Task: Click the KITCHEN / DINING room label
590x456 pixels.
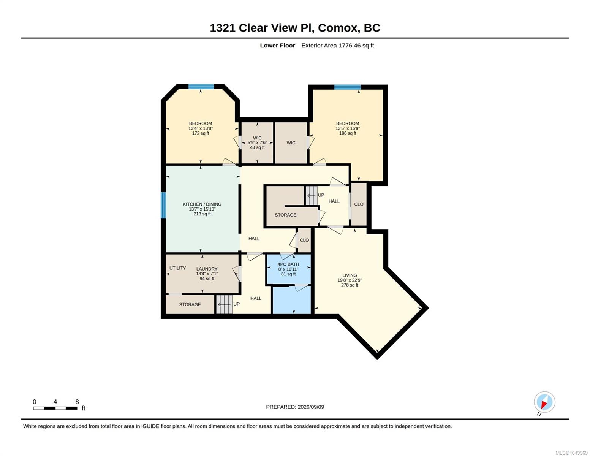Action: tap(202, 204)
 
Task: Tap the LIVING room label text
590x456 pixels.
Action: tap(350, 275)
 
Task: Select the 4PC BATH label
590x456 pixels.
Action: tap(288, 264)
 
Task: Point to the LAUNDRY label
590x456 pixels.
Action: tap(207, 269)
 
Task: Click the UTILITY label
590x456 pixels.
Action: tap(177, 268)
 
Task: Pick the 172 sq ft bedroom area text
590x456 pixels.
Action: tap(201, 133)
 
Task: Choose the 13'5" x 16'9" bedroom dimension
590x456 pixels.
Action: tap(348, 128)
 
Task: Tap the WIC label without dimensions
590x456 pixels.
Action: tap(291, 143)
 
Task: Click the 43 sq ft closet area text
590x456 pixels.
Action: tap(257, 147)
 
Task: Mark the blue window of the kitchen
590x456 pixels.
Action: tap(163, 205)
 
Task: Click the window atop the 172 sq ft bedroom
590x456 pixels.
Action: tap(201, 87)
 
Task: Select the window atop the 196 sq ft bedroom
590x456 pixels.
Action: tap(347, 87)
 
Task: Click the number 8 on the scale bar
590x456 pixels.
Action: tap(77, 402)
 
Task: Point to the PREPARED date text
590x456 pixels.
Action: tap(295, 407)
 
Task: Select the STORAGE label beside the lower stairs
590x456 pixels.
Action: tap(190, 304)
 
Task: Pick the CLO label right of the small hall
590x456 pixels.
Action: tap(359, 204)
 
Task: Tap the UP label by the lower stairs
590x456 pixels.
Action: tap(236, 304)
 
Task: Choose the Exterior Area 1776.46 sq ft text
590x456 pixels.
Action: tap(337, 46)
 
